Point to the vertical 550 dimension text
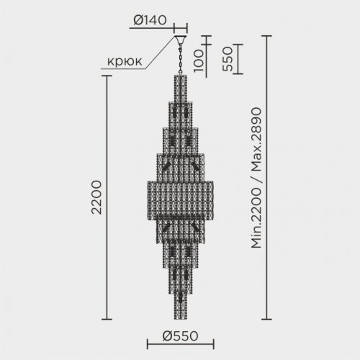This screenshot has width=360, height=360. point(226,58)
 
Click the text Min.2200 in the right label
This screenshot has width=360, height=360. point(257,216)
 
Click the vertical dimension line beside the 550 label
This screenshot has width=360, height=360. point(238,58)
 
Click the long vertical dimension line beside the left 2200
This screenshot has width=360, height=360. point(109,197)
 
